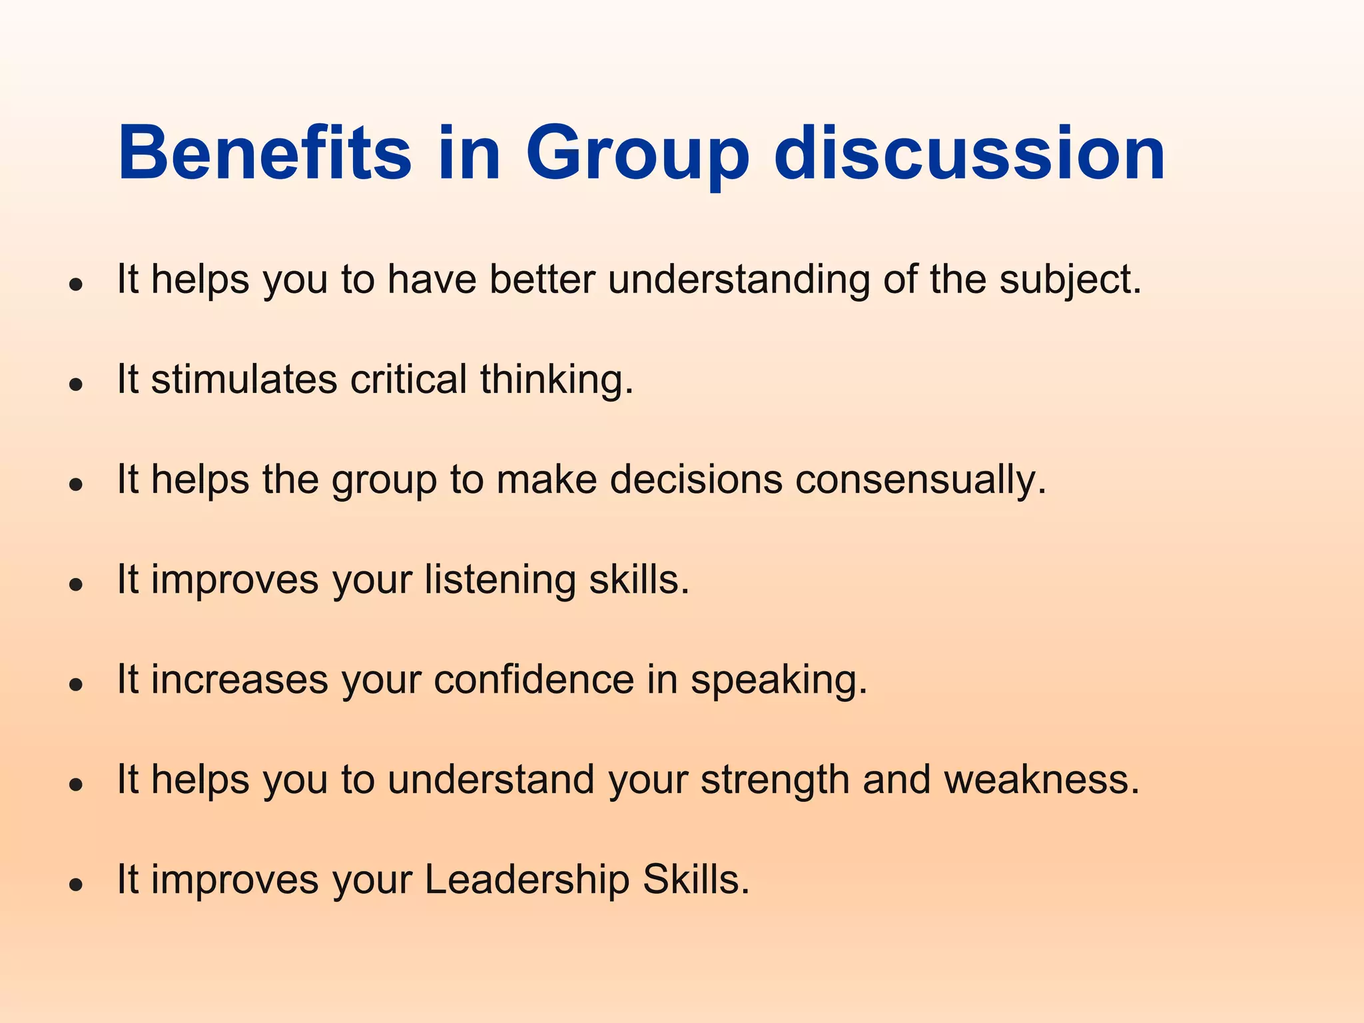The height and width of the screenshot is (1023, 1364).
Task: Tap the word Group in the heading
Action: tap(637, 155)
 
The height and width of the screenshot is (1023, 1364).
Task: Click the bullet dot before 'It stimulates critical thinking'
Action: tap(77, 384)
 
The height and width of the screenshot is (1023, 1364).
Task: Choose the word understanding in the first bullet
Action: tap(739, 280)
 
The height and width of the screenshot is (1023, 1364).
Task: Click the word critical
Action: tap(408, 380)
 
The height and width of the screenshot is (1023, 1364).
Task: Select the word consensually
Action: tap(920, 480)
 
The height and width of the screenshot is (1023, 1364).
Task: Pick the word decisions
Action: tap(696, 480)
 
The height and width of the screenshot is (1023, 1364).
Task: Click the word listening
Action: tap(500, 581)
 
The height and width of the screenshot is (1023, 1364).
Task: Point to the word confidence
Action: tap(534, 680)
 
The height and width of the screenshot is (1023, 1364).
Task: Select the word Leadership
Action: tap(527, 880)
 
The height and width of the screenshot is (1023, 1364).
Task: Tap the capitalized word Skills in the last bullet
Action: tap(695, 880)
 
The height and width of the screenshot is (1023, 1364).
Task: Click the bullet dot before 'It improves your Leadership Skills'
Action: tap(77, 884)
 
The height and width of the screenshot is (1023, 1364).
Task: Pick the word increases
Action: tap(240, 680)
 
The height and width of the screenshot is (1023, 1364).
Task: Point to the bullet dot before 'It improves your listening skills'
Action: tap(77, 585)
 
